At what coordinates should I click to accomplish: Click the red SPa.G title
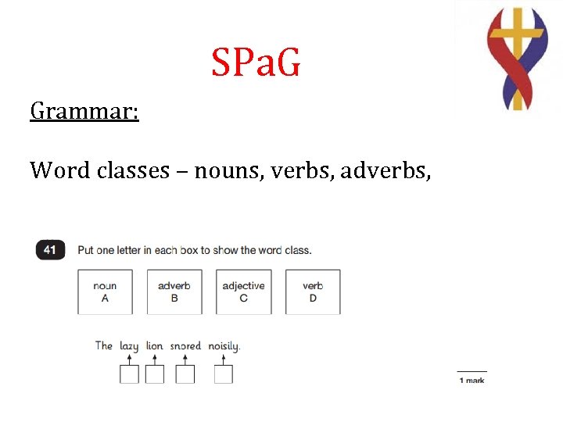point(256,63)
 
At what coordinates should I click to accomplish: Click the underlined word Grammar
point(84,111)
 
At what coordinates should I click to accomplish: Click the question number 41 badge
point(50,249)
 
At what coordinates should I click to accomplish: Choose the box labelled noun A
point(105,291)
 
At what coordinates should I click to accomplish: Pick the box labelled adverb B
point(174,291)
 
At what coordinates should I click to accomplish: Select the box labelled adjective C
point(243,291)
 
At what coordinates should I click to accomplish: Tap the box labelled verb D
point(313,291)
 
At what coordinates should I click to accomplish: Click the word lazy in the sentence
point(129,345)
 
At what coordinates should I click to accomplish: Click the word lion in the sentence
point(155,345)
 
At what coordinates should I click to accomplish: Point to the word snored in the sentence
point(185,345)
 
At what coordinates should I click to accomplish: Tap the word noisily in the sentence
point(224,345)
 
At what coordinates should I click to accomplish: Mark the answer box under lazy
point(129,374)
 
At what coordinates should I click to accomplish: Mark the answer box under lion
point(155,374)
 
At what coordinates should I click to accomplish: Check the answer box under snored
point(185,374)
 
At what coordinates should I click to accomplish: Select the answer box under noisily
point(224,374)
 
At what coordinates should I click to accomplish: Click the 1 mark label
point(472,381)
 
